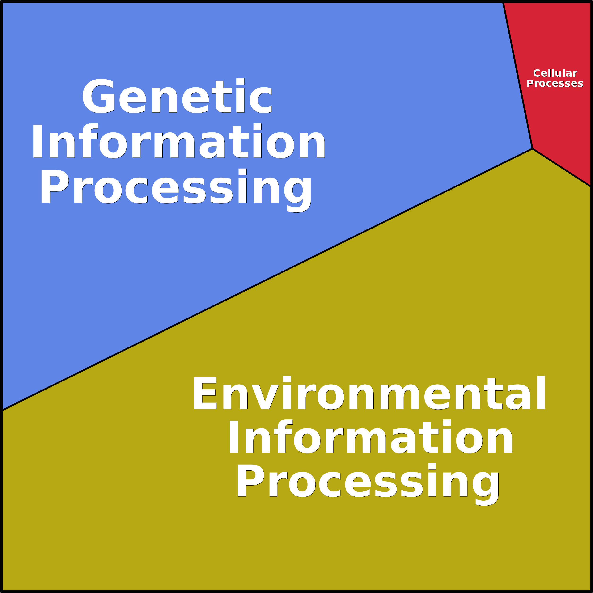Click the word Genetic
(x=177, y=96)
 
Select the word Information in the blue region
(x=178, y=141)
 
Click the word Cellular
(x=555, y=73)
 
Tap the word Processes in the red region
(x=555, y=84)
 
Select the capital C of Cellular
(x=537, y=73)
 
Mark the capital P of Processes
(x=529, y=84)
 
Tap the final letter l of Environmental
(x=541, y=392)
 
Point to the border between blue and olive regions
(x=267, y=279)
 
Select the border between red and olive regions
(x=562, y=168)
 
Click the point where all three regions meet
(x=533, y=148)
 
